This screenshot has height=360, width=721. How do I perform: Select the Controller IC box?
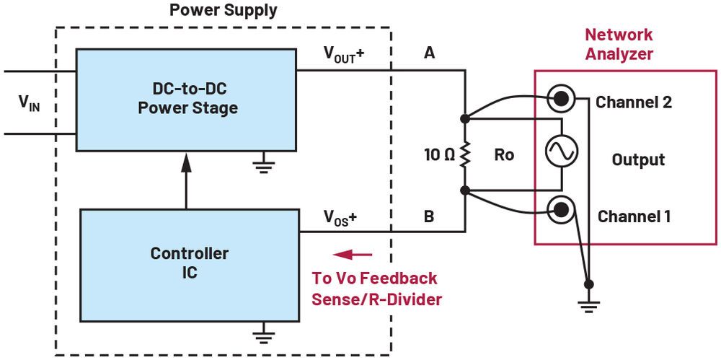pyautogui.click(x=190, y=264)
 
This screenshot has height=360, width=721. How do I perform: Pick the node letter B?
pyautogui.click(x=430, y=217)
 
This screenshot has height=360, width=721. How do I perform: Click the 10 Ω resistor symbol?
pyautogui.click(x=465, y=154)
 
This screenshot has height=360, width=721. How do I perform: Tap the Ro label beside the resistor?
pyautogui.click(x=504, y=154)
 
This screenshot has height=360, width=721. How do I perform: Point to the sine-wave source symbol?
pyautogui.click(x=560, y=152)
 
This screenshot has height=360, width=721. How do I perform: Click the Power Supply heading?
pyautogui.click(x=223, y=11)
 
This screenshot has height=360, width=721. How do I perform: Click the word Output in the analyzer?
pyautogui.click(x=638, y=159)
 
